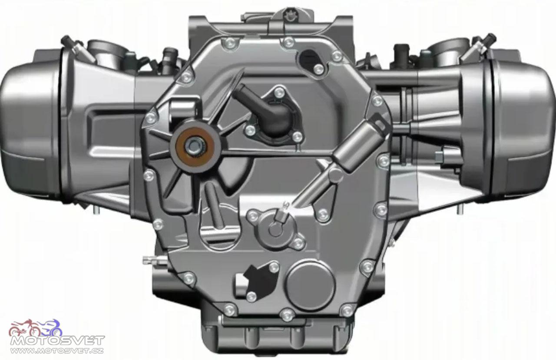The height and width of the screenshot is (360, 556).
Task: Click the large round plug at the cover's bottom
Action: [310, 285]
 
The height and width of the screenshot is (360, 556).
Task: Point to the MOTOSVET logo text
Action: [57, 340]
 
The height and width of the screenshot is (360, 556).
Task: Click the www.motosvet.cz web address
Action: [57, 350]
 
